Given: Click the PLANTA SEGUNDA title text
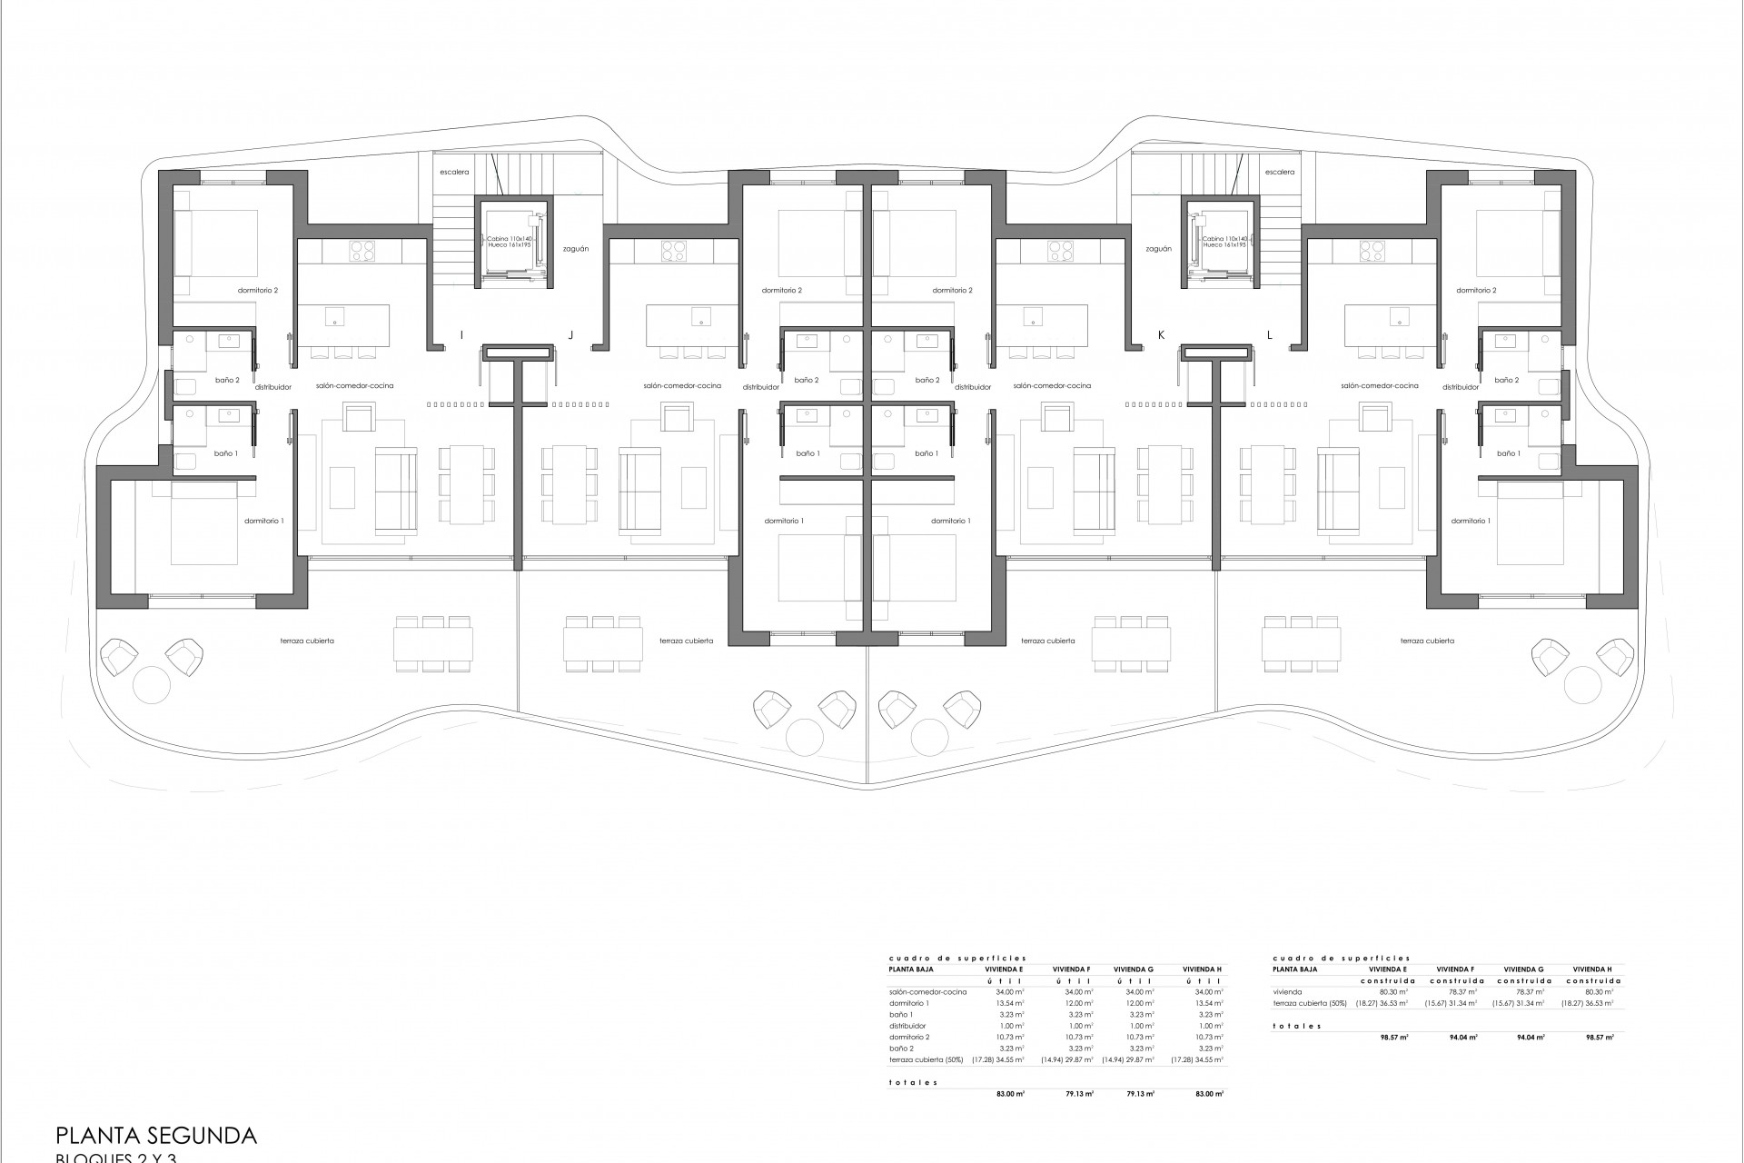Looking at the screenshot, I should pos(156,1135).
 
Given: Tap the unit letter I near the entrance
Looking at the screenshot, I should pos(461,335).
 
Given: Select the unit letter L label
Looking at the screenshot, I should pos(1270,335).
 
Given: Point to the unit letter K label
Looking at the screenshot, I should pos(1161,335).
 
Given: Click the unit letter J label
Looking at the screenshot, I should pos(570,335).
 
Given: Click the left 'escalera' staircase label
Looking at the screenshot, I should pos(453,172).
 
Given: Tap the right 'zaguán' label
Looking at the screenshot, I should pos(1158,248).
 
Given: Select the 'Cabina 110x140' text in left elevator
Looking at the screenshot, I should pos(509,238).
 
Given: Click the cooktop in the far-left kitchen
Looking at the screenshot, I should pos(363,250).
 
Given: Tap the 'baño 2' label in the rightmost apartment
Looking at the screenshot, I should pos(1507,380).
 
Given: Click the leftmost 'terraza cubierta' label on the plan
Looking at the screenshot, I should pos(307,641).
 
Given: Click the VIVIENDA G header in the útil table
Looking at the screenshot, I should pos(1133,969).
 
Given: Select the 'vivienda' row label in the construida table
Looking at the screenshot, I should pos(1287,992).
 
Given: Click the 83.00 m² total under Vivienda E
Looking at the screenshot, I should pos(1011,1094).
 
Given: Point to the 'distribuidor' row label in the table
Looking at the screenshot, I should pos(909,1026).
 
